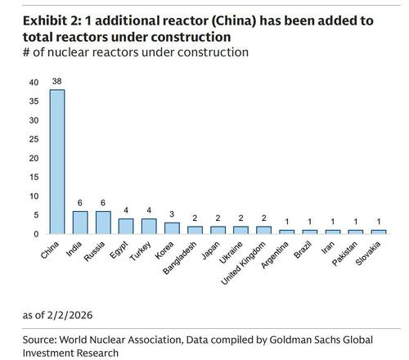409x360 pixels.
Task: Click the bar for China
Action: tap(58, 161)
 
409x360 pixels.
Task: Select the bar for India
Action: tap(81, 223)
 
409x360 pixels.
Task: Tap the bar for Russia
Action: tap(104, 223)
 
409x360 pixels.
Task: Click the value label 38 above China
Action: tap(58, 83)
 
